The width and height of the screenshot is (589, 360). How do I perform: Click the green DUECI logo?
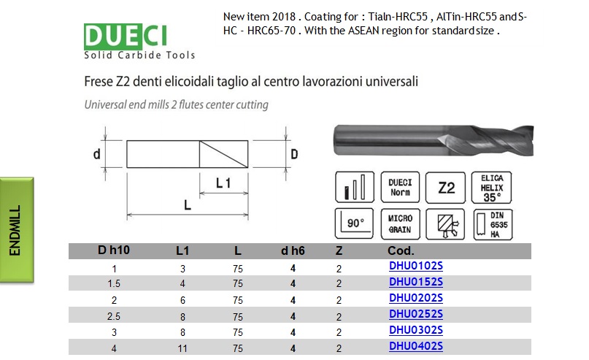126,37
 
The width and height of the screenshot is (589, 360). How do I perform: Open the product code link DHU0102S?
416,266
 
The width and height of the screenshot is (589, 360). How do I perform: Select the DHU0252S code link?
416,314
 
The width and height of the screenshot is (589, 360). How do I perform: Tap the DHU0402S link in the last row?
416,346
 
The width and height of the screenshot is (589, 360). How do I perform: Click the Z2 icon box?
445,188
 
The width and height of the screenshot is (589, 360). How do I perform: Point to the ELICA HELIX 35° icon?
491,188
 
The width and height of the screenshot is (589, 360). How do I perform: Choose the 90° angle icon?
354,223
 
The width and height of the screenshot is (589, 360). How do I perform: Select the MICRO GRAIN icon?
400,224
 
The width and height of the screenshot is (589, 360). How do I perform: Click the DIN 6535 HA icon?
493,224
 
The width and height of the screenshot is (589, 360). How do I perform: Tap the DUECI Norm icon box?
400,187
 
